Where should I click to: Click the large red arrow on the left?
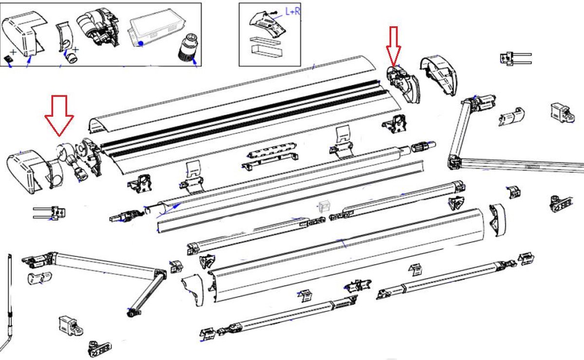pos(59,115)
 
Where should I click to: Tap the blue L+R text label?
pos(293,12)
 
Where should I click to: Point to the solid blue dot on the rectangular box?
pos(141,43)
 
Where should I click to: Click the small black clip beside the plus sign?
pos(9,59)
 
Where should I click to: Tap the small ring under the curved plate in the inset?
pos(72,57)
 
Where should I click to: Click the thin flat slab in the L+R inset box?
pos(265,41)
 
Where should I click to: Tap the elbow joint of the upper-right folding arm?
pos(454,161)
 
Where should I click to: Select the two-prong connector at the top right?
pos(515,58)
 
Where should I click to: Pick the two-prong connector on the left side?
pos(49,213)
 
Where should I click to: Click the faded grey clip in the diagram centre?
pos(324,207)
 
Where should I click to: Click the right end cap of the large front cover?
pos(497,220)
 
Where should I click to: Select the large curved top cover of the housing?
pos(232,95)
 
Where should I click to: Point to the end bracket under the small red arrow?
pos(402,83)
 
